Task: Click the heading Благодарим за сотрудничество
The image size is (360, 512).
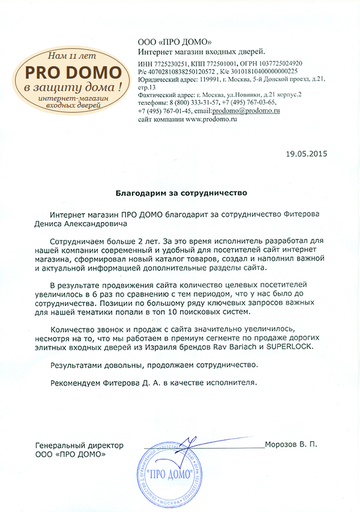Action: tap(181, 194)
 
